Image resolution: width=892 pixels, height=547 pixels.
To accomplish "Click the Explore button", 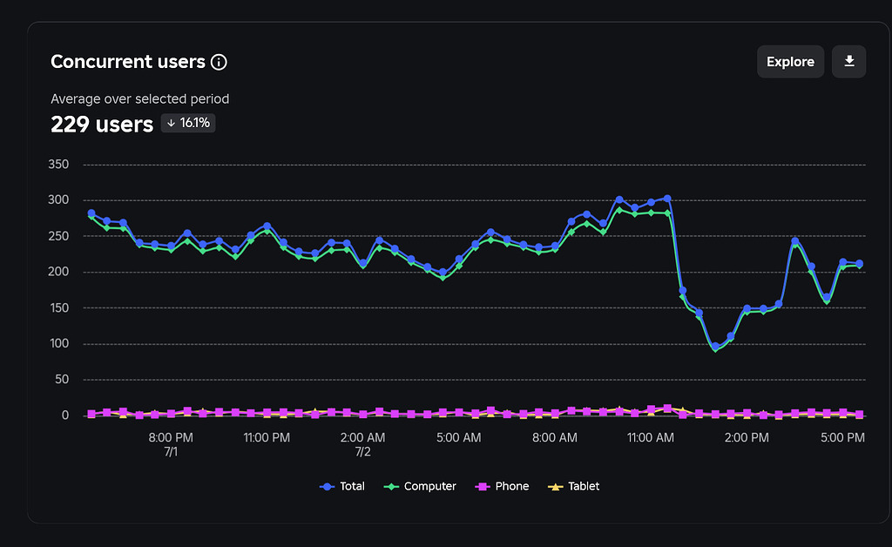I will [x=790, y=62].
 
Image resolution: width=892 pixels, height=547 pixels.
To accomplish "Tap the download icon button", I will [x=849, y=62].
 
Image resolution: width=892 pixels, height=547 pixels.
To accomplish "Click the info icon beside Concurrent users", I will [x=219, y=62].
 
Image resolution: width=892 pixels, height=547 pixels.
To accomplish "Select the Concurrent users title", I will [x=128, y=62].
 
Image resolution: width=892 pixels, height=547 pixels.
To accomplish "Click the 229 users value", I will [x=102, y=125].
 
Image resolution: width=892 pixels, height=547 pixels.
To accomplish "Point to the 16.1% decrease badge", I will [x=188, y=124].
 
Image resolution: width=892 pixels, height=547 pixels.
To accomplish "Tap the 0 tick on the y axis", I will [x=64, y=415].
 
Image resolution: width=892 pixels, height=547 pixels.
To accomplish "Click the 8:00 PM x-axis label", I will [x=171, y=437].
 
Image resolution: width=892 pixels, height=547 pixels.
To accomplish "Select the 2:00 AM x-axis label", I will [x=362, y=437].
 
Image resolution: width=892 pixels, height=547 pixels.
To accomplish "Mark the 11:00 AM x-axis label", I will [x=650, y=437].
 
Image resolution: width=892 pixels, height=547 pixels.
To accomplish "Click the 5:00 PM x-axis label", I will [x=842, y=437].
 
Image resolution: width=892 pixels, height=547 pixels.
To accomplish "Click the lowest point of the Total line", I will [x=715, y=347].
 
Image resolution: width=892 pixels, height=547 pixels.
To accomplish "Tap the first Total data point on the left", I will [x=91, y=213].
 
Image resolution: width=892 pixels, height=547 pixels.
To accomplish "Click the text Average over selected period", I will [x=139, y=99].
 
